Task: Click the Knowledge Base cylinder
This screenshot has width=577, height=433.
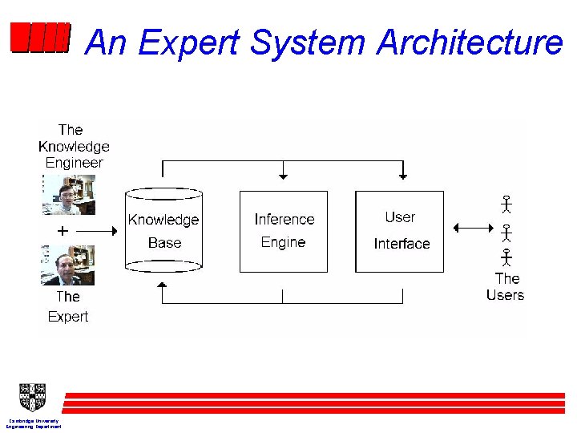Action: click(x=163, y=231)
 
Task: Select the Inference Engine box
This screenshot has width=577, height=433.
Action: click(x=284, y=231)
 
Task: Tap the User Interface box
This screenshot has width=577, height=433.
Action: click(x=399, y=231)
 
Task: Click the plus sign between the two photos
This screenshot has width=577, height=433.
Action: click(x=62, y=230)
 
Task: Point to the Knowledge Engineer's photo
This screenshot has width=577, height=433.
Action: click(x=68, y=195)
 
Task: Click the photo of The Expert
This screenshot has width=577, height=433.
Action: click(x=68, y=265)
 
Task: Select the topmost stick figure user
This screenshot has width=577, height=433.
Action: click(x=506, y=204)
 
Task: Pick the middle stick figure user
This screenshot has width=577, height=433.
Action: click(x=506, y=233)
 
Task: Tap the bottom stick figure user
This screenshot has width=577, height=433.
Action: click(x=506, y=257)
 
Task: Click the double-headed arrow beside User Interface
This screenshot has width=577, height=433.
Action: click(x=474, y=228)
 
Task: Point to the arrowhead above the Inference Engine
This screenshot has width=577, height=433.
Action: click(x=282, y=176)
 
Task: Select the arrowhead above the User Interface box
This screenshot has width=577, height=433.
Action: click(x=402, y=176)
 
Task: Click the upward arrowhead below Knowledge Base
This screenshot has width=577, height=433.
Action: click(x=162, y=285)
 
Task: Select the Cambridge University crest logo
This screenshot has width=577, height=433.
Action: click(x=33, y=398)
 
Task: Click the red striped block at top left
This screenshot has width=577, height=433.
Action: click(x=40, y=38)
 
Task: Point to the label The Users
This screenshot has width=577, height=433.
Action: click(x=506, y=287)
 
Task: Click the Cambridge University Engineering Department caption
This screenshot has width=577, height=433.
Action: click(x=34, y=423)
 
